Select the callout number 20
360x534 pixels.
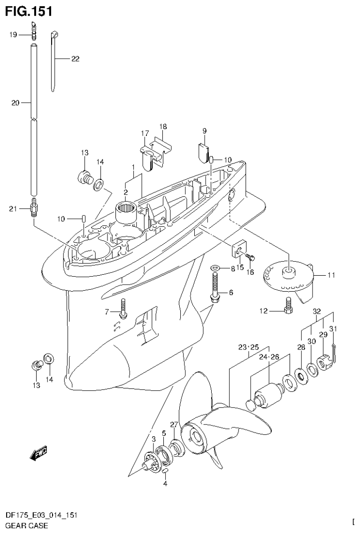pyautogui.click(x=14, y=103)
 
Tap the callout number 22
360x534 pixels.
pyautogui.click(x=75, y=59)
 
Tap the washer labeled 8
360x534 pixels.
pyautogui.click(x=215, y=269)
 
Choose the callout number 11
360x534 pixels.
pyautogui.click(x=331, y=276)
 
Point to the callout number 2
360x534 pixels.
pyautogui.click(x=125, y=192)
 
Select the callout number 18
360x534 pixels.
pyautogui.click(x=162, y=127)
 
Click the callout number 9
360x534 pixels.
pyautogui.click(x=205, y=131)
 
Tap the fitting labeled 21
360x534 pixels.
pyautogui.click(x=34, y=208)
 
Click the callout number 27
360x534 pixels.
pyautogui.click(x=174, y=425)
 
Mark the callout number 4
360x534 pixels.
pyautogui.click(x=165, y=483)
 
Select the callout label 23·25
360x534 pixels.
pyautogui.click(x=249, y=348)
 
